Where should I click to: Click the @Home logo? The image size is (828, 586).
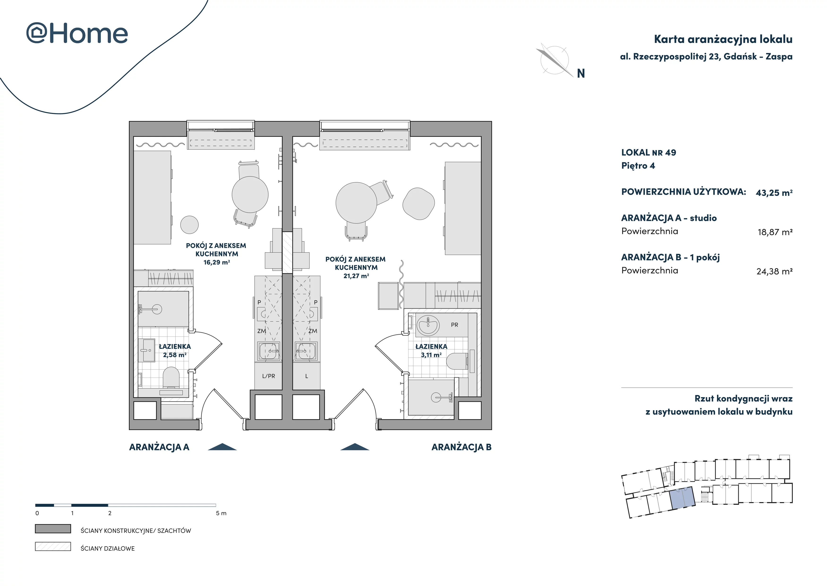[x=77, y=34]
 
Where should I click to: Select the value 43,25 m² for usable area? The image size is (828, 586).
[x=774, y=193]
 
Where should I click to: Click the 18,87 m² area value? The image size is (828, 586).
[x=775, y=232]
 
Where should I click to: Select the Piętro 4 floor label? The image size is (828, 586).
[x=638, y=166]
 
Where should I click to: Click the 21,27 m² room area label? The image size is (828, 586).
[x=356, y=276]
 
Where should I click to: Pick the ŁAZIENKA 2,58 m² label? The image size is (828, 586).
[x=175, y=351]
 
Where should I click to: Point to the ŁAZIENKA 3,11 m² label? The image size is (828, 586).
[x=431, y=351]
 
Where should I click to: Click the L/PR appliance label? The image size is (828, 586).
[x=269, y=376]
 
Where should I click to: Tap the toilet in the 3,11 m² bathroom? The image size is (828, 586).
[x=457, y=361]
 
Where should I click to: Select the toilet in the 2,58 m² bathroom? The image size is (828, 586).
[x=171, y=377]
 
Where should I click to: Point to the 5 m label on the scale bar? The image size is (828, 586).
[x=221, y=513]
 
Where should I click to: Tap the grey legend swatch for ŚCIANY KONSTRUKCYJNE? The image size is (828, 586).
[x=53, y=529]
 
